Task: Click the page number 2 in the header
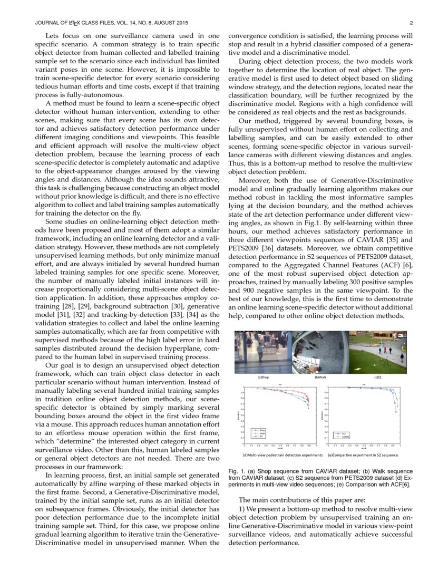tap(411, 23)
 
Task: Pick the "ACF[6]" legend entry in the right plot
tap(346, 437)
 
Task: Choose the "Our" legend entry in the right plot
tap(344, 433)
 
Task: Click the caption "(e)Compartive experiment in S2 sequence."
tap(363, 454)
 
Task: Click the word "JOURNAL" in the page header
tap(46, 23)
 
